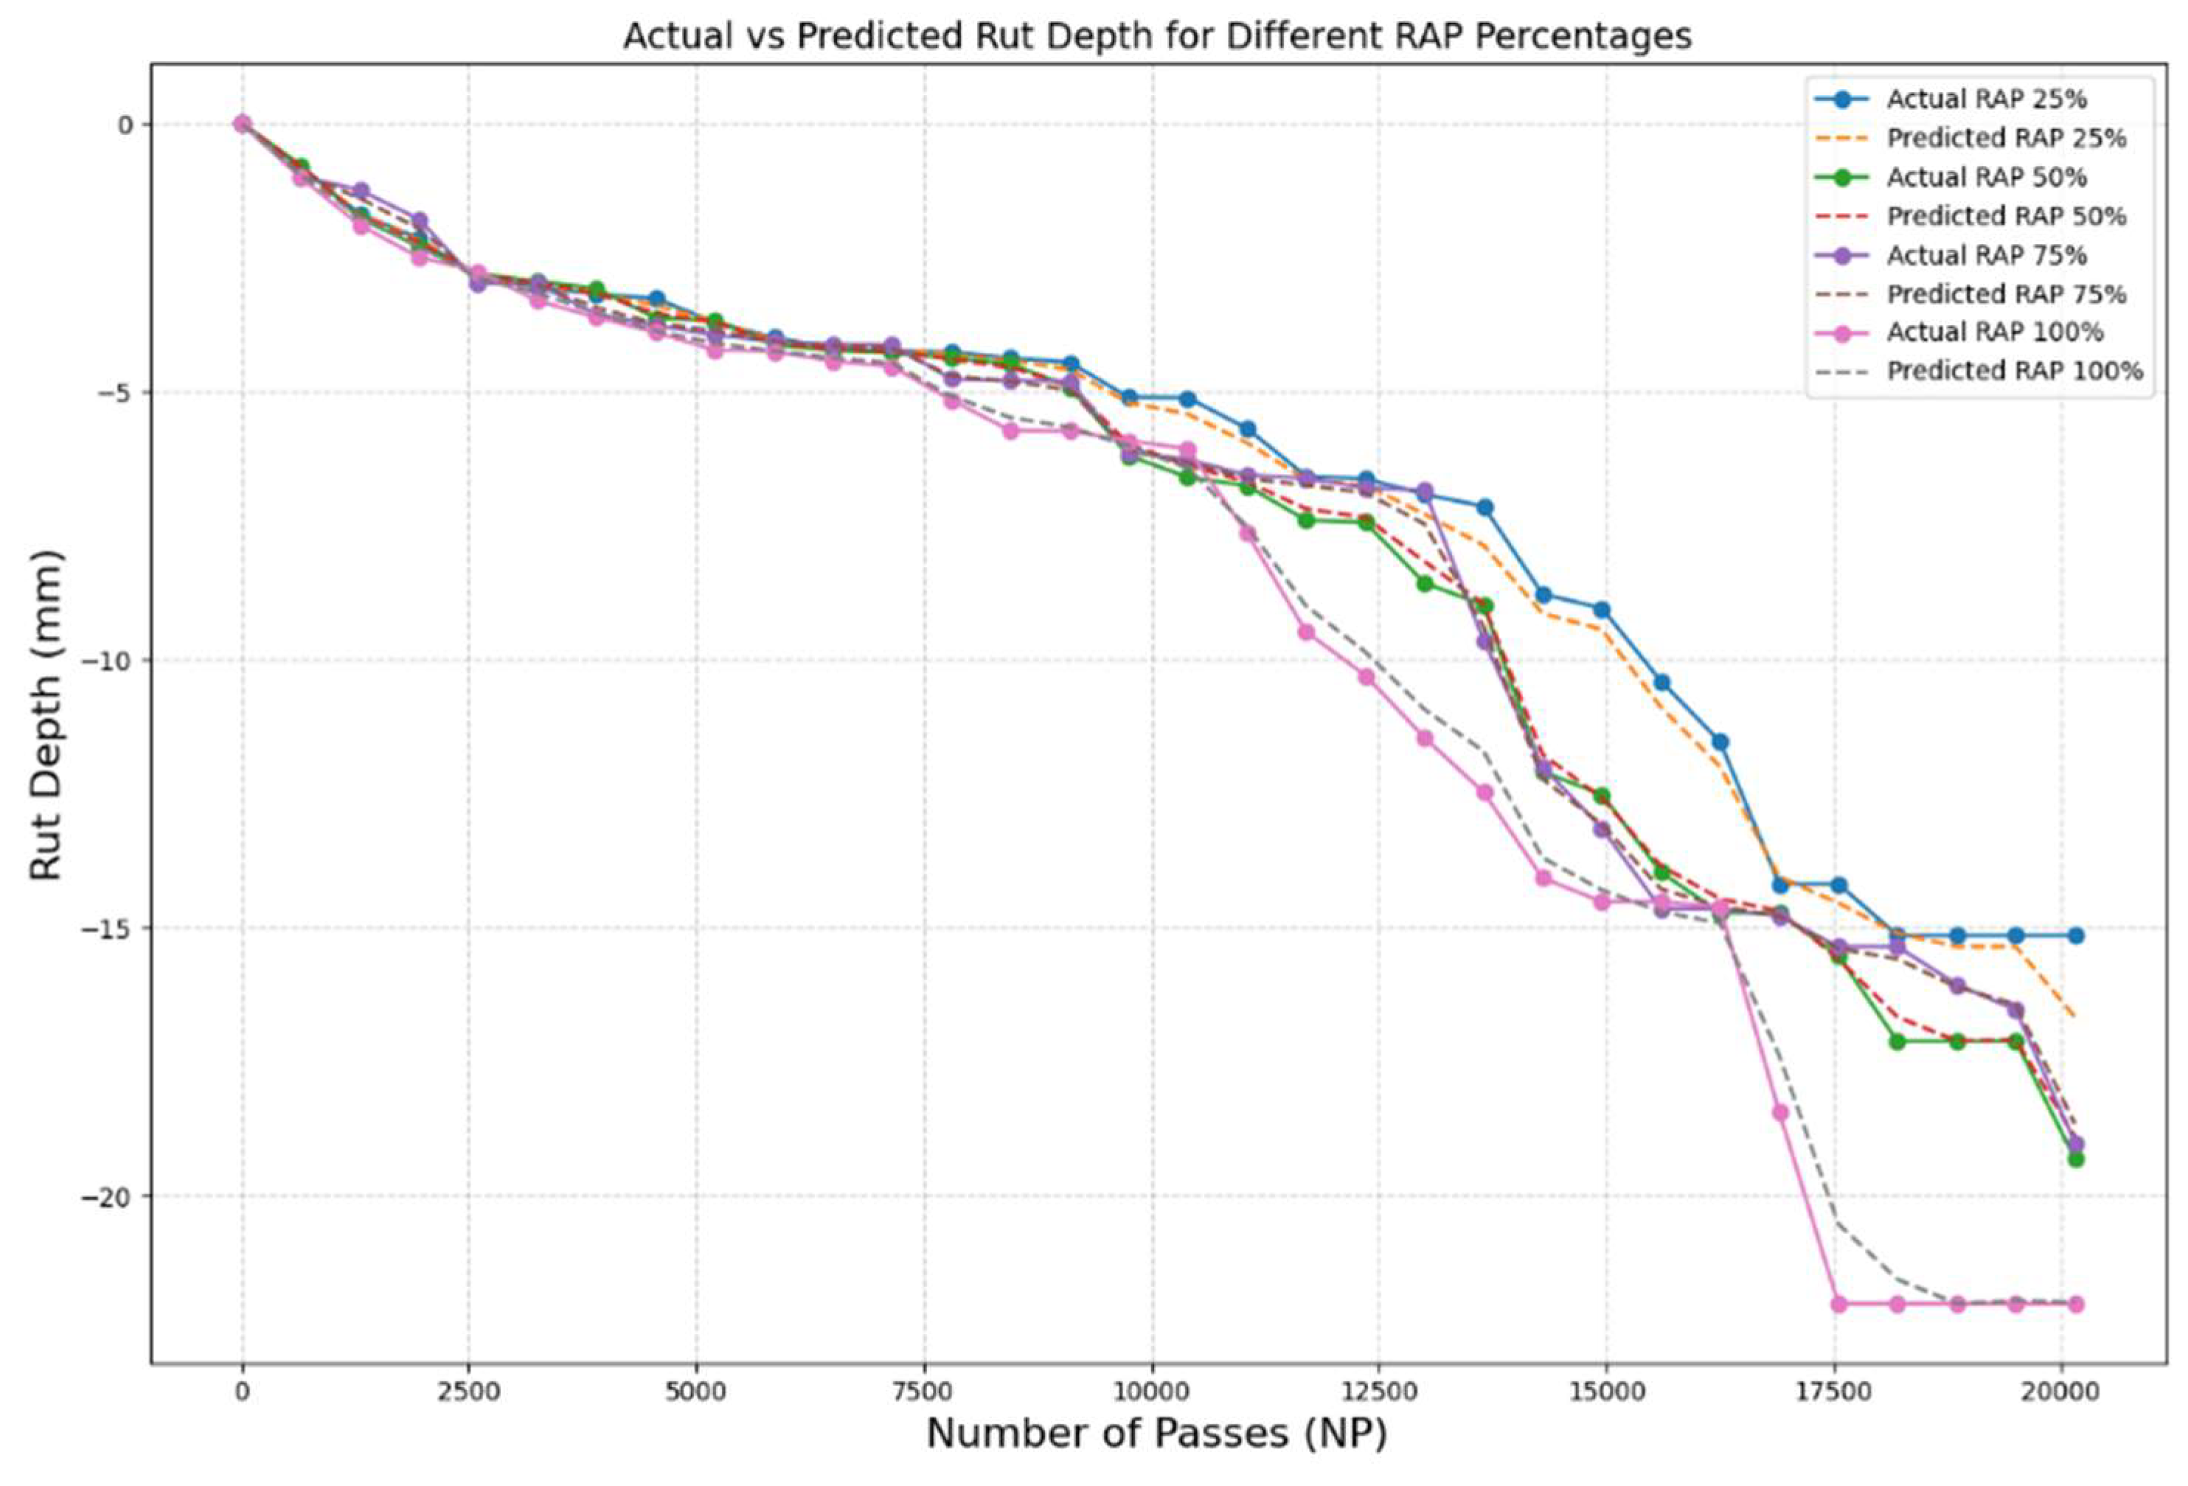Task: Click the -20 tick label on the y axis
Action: pos(112,1197)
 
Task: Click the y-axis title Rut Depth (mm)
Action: pos(45,714)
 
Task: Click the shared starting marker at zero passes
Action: pos(242,123)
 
